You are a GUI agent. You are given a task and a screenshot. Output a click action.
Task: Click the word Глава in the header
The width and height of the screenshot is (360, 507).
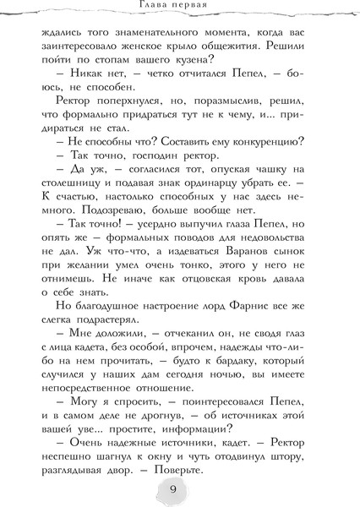[x=155, y=8]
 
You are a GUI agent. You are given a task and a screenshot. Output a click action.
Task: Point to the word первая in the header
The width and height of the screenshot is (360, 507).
[x=199, y=8]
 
